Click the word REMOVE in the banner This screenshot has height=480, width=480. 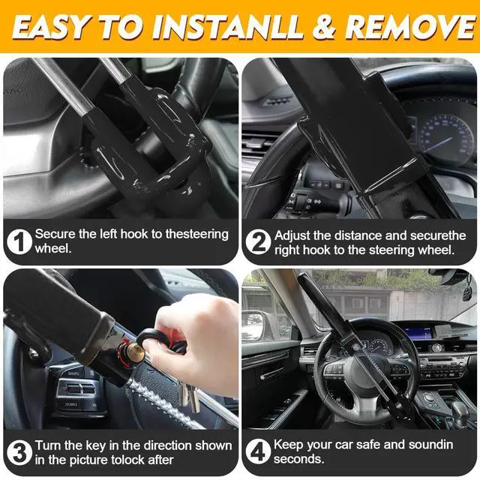pos(409,26)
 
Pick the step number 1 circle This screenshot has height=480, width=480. pos(19,241)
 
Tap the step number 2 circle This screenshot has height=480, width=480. pos(258,241)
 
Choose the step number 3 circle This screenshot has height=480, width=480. pos(19,452)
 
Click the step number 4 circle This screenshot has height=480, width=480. pos(258,451)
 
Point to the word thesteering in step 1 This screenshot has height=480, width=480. pos(196,235)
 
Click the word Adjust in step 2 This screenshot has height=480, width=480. pos(292,236)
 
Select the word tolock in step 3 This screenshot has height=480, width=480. pos(127,460)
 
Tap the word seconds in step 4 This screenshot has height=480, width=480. pos(298,459)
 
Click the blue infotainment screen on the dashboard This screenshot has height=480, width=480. pos(419,333)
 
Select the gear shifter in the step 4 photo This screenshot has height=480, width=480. pos(460,411)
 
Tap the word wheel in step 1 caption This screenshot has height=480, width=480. pos(52,248)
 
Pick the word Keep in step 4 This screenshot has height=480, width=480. pos(288,445)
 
